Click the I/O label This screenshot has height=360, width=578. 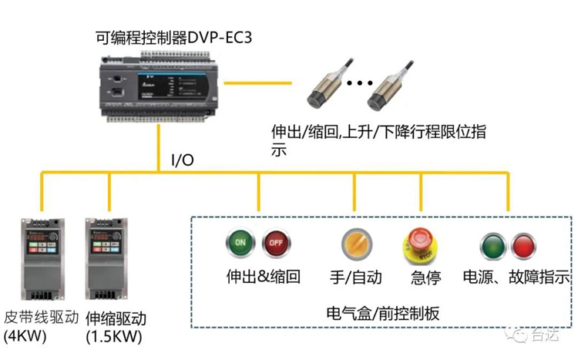tap(182, 160)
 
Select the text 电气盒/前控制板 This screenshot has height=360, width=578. tap(383, 313)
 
